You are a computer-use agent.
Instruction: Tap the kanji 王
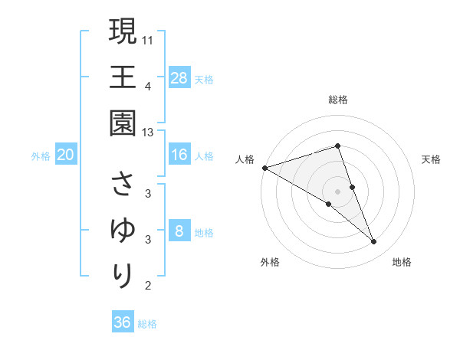coord(123,77)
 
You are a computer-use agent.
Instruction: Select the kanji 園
coord(123,123)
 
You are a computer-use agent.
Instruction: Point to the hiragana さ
coord(123,185)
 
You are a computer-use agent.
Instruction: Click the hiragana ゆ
coord(123,231)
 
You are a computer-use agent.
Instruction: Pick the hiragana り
coord(123,276)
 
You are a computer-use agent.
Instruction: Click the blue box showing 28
coord(179,78)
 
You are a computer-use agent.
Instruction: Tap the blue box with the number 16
coord(179,155)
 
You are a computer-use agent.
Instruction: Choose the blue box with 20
coord(66,155)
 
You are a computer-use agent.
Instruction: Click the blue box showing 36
coord(123,322)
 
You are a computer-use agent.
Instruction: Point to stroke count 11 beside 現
coord(148,39)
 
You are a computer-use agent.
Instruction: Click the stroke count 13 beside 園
coord(148,132)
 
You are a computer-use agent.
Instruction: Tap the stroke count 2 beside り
coord(148,286)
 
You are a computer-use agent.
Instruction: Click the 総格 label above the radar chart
coord(338,100)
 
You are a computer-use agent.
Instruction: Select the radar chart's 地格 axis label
coord(402,262)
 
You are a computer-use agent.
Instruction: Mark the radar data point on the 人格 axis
coord(264,167)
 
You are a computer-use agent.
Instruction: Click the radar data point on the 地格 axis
coord(374,242)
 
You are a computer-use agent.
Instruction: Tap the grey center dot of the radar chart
coord(338,191)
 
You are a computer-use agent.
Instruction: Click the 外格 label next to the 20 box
coord(41,156)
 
